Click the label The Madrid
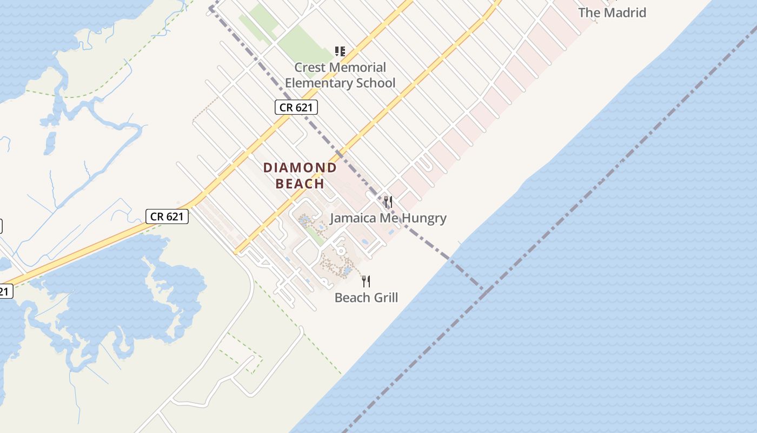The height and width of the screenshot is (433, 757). click(612, 12)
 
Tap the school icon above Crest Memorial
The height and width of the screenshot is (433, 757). click(340, 51)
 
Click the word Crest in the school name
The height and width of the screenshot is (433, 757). click(310, 68)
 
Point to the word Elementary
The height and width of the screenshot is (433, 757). click(318, 83)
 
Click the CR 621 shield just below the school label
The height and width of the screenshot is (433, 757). click(296, 107)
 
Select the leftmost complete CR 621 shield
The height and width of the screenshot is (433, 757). click(167, 216)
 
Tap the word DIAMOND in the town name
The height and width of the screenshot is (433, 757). click(300, 168)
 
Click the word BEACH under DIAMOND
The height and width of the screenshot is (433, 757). click(300, 183)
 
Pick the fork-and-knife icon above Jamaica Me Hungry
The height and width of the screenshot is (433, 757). click(388, 202)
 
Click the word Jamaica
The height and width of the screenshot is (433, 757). click(354, 218)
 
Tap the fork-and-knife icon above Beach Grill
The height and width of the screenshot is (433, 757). click(366, 281)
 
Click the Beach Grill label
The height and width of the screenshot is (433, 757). click(366, 297)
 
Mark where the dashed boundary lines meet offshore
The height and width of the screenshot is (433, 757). click(486, 289)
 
